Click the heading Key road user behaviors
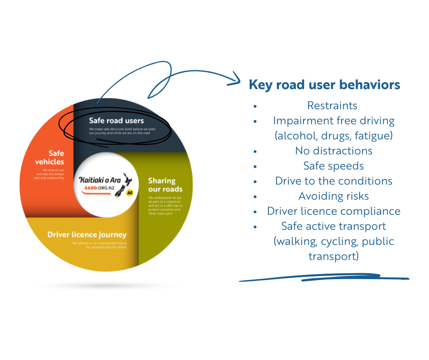point(324,85)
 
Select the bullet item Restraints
point(332,106)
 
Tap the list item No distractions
point(334,151)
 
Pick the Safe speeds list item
point(334,166)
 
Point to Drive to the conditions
point(334,181)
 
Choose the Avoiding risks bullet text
point(334,196)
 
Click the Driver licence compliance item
point(334,211)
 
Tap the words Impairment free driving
point(334,121)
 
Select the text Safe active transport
point(334,226)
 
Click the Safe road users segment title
point(116,121)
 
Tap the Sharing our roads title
point(165,185)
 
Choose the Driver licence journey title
point(87,235)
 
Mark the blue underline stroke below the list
point(324,278)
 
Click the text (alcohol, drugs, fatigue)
point(334,136)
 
